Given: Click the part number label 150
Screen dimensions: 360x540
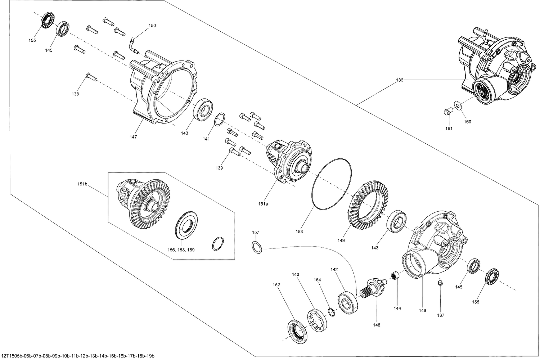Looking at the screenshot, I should pyautogui.click(x=152, y=26).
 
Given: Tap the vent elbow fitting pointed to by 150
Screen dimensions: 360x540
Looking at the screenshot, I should pyautogui.click(x=134, y=44).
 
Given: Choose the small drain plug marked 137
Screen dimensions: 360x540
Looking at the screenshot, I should pyautogui.click(x=439, y=284).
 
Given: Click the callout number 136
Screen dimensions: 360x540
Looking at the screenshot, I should pyautogui.click(x=400, y=80).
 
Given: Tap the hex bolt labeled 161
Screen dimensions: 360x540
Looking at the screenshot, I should pyautogui.click(x=447, y=112).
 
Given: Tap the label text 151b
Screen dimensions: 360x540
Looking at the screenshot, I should pyautogui.click(x=82, y=184).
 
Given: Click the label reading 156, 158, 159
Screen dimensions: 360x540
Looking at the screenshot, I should pyautogui.click(x=181, y=249).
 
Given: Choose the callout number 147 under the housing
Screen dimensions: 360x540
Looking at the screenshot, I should pyautogui.click(x=133, y=137).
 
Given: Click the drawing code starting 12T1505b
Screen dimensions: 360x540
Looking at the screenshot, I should pyautogui.click(x=77, y=356).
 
